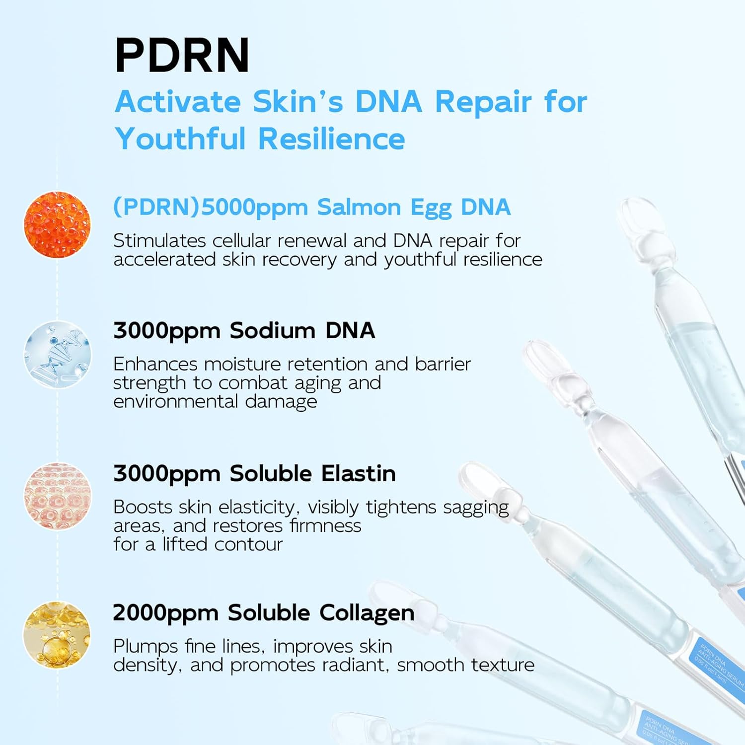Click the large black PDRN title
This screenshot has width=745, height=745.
182,56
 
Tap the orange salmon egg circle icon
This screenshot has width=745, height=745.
58,224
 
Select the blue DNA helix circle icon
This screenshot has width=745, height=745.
58,355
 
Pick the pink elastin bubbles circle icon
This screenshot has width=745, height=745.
58,496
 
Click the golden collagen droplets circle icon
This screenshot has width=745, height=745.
58,635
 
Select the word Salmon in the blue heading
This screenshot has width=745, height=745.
359,208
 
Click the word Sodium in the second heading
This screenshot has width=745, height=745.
272,331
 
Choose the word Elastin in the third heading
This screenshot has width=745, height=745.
358,473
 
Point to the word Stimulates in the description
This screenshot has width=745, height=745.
159,241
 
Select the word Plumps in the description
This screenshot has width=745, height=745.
145,647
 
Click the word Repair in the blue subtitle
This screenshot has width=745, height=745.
483,103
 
